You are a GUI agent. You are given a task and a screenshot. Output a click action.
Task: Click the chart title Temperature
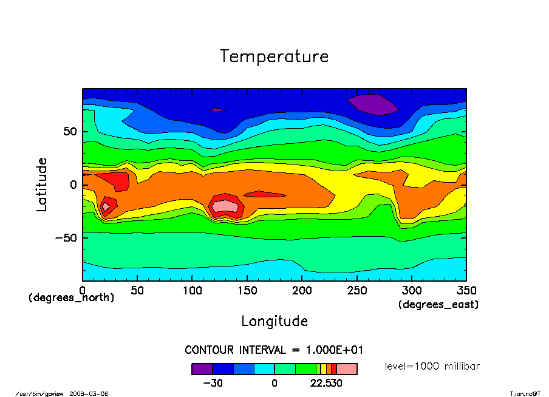tap(274, 56)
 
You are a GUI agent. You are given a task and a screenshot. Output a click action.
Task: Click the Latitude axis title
tap(41, 184)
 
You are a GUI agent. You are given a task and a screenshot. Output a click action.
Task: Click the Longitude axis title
tap(274, 321)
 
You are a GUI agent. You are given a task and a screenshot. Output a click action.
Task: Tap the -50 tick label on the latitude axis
tap(64, 237)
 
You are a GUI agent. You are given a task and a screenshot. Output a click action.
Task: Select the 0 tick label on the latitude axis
tap(73, 185)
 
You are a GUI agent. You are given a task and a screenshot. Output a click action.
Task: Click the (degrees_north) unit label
tap(71, 297)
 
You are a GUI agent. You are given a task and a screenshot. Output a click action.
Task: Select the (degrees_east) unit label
tap(438, 305)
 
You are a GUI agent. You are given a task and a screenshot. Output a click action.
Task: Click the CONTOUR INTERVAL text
tap(274, 350)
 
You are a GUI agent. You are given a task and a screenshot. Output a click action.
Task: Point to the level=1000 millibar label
tap(433, 366)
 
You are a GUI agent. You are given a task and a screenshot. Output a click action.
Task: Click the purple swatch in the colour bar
tap(202, 368)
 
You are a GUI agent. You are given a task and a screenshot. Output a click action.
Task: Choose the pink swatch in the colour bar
tap(347, 368)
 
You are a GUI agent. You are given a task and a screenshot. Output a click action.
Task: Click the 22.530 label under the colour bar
tap(327, 383)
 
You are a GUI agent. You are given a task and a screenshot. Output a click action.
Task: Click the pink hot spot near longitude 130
tap(225, 205)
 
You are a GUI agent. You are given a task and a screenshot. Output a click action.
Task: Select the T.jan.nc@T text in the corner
tap(525, 393)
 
